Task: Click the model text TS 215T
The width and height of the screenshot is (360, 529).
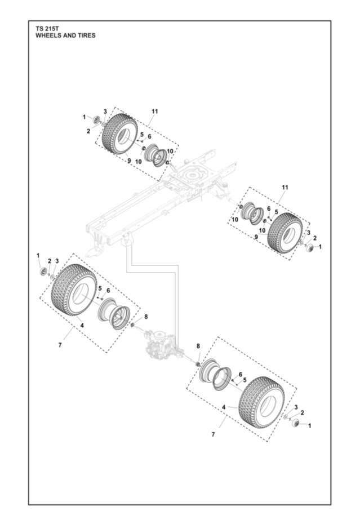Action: tap(47, 28)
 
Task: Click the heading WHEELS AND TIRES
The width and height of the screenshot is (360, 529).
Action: tap(65, 35)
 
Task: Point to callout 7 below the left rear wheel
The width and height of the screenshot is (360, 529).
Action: tap(60, 344)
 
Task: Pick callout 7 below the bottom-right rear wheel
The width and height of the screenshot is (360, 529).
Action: tap(213, 435)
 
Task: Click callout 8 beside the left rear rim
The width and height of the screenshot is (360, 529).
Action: tap(145, 316)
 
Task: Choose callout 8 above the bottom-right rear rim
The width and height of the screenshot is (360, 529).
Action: tap(198, 345)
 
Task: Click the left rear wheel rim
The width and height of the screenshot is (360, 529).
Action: tap(117, 313)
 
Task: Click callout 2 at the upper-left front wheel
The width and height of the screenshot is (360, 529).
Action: tap(88, 131)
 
